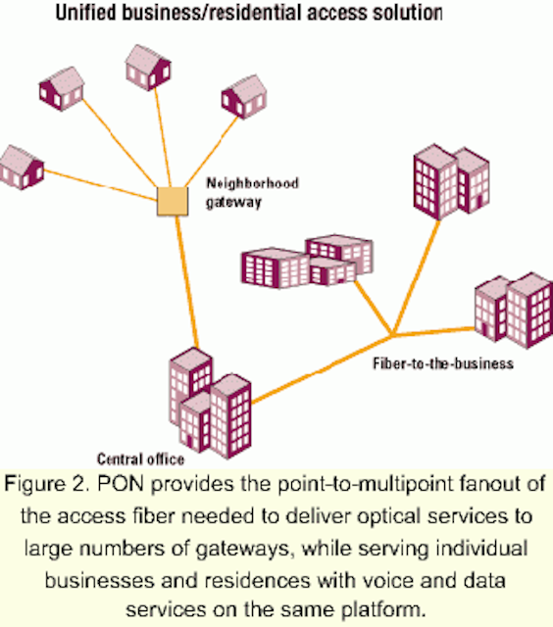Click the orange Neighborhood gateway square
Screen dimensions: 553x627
(x=172, y=201)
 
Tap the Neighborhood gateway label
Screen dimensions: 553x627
(x=252, y=193)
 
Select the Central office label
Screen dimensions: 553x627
(x=140, y=459)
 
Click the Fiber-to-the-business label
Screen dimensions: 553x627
(x=443, y=363)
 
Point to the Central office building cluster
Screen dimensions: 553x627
(x=211, y=403)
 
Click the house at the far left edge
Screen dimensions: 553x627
(x=21, y=168)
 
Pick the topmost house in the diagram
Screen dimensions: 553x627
(x=148, y=68)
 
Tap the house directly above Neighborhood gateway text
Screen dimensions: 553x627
(x=244, y=97)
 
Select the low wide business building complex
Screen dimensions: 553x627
(x=307, y=262)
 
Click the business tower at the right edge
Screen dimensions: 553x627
(x=514, y=311)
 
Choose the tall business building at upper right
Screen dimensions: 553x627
(x=451, y=181)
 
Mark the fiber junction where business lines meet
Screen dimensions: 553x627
(x=392, y=335)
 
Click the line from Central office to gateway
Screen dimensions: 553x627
(x=187, y=281)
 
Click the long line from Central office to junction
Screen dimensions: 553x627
(x=322, y=369)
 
